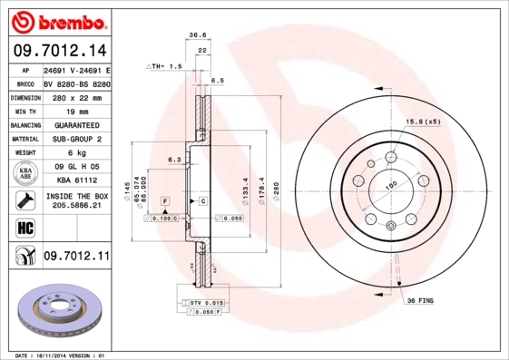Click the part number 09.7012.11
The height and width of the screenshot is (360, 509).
pos(75,258)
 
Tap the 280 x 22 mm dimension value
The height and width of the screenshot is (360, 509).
pos(75,97)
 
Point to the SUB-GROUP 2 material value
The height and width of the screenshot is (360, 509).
pos(75,139)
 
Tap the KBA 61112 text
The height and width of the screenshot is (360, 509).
pos(75,181)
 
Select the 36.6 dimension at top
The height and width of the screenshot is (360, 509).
pos(197,34)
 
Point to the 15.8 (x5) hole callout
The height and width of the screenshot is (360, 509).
pos(422,121)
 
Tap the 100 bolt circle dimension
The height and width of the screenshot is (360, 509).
pos(393,186)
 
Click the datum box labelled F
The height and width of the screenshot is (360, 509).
pos(165,199)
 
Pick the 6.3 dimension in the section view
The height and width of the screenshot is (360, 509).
pos(173,160)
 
